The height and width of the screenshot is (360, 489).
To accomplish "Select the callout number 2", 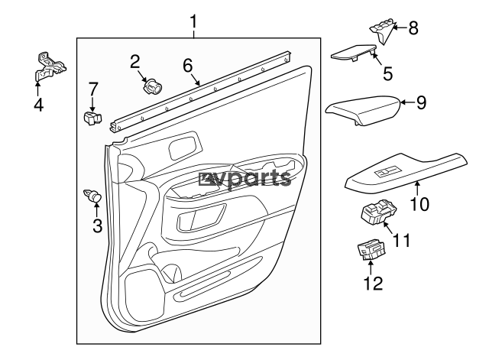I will (135, 61).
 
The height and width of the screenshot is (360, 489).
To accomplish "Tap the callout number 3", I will (97, 225).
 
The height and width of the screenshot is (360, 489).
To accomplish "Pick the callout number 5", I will (387, 73).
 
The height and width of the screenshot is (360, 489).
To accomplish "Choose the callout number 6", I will (187, 66).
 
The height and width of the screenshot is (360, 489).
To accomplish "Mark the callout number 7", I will (94, 89).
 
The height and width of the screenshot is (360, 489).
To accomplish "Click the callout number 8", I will (413, 29).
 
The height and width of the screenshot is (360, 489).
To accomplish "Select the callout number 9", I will (421, 102).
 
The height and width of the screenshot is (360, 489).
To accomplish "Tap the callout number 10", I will (420, 204).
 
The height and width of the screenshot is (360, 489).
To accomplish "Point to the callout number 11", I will (402, 240).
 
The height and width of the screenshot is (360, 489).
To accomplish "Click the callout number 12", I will (372, 284).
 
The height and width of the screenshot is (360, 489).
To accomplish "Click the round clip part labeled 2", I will (152, 85).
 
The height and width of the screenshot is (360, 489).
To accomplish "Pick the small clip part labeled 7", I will (92, 117).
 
